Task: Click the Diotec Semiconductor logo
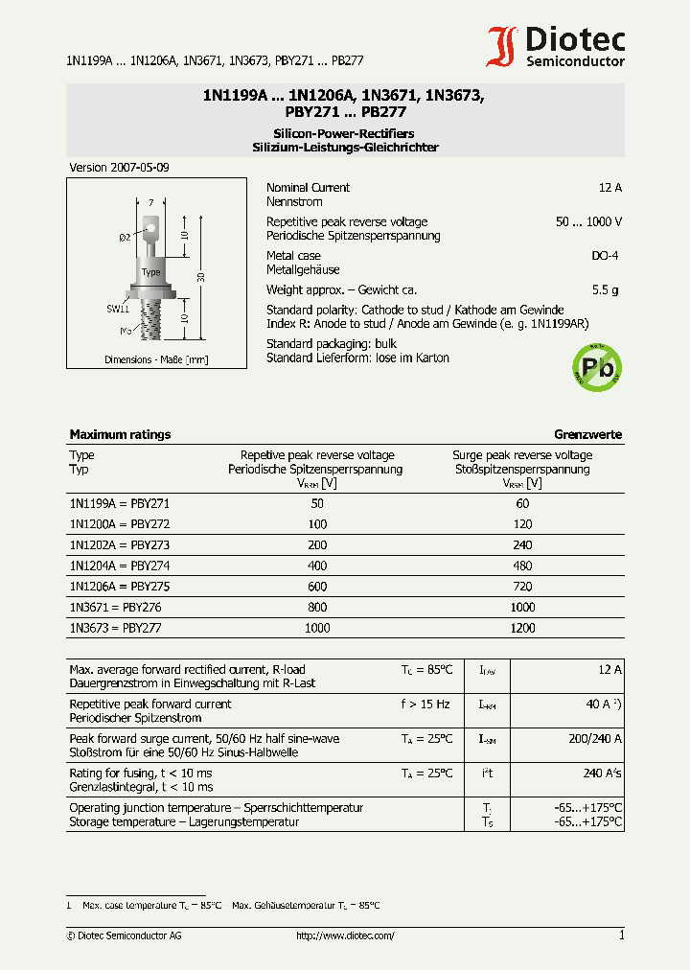click(x=556, y=46)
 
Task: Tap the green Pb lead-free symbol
click(x=596, y=368)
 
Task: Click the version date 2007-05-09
click(x=120, y=168)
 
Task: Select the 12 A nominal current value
click(x=609, y=188)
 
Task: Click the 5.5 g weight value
click(x=605, y=289)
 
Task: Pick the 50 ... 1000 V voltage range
click(x=588, y=221)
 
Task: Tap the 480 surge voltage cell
click(x=521, y=566)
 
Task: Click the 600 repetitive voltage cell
click(x=317, y=587)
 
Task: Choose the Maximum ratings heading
click(x=120, y=434)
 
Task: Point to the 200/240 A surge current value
click(x=594, y=739)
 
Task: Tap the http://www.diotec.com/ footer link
click(x=345, y=935)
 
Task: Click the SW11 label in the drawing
click(x=117, y=309)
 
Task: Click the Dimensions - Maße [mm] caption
click(x=155, y=359)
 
